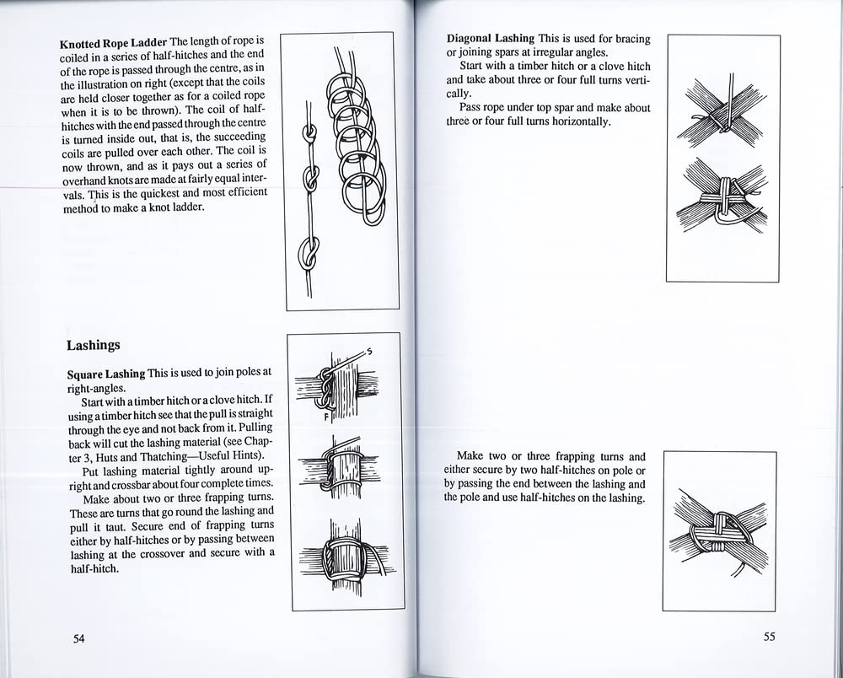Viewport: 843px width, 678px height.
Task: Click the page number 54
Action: pyautogui.click(x=78, y=638)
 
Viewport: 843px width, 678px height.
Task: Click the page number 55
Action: pyautogui.click(x=769, y=637)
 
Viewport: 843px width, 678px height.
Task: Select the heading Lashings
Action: pyautogui.click(x=93, y=345)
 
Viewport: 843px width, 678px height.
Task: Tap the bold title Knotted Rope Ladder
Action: pyautogui.click(x=114, y=41)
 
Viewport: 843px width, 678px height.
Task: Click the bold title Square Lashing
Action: pyautogui.click(x=105, y=373)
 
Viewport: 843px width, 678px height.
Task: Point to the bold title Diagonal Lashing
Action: pyautogui.click(x=490, y=39)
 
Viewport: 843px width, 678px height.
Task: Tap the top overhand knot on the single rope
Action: pyautogui.click(x=309, y=133)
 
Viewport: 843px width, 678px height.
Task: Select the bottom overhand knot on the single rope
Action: pyautogui.click(x=309, y=254)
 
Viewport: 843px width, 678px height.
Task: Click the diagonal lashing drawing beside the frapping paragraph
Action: pyautogui.click(x=719, y=532)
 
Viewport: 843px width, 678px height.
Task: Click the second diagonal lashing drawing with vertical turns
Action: pyautogui.click(x=722, y=201)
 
